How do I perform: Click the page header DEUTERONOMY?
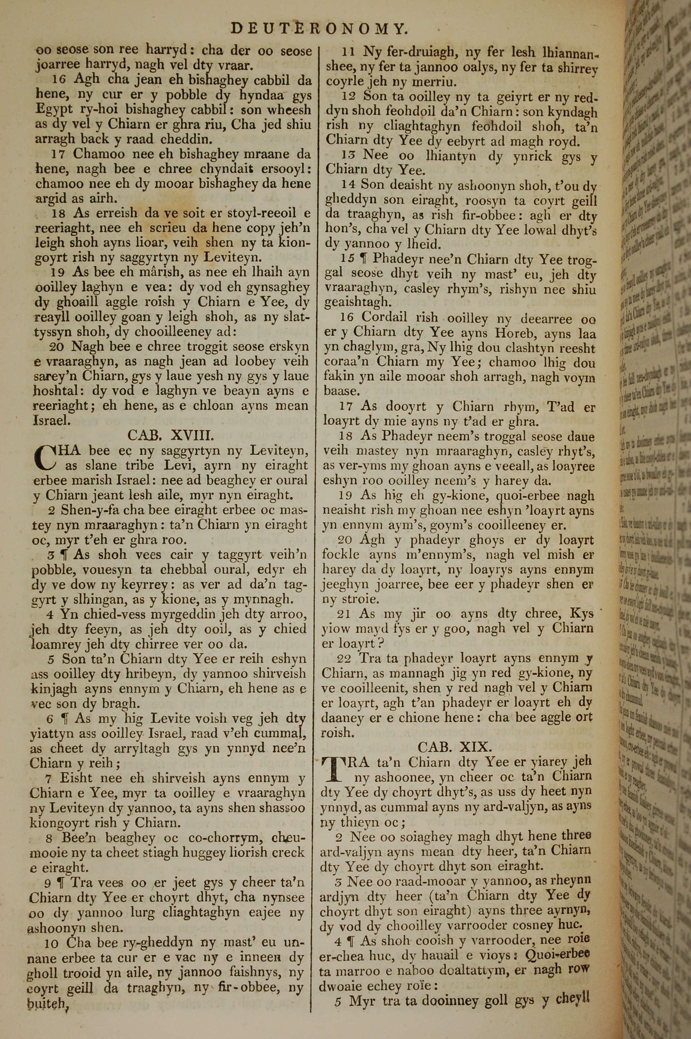point(318,29)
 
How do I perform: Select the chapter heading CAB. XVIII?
point(171,436)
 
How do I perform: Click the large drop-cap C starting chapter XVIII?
point(45,458)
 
